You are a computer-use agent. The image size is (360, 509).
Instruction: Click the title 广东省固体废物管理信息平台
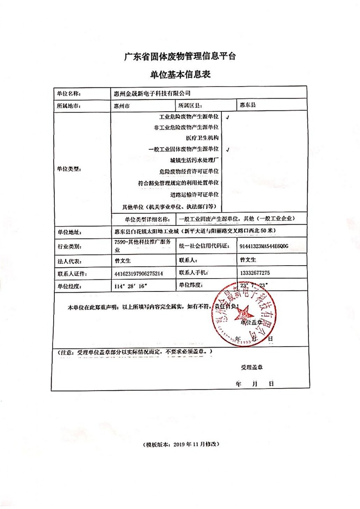pos(180,56)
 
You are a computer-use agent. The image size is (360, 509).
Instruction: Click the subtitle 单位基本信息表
pos(180,75)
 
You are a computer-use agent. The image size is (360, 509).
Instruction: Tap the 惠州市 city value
pos(122,106)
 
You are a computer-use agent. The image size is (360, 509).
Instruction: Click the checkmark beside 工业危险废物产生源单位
pos(227,118)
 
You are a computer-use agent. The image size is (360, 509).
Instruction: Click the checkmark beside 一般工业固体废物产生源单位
pos(227,149)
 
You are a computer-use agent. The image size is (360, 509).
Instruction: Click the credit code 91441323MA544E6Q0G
pos(264,246)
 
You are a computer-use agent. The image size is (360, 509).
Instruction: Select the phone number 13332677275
pos(255,273)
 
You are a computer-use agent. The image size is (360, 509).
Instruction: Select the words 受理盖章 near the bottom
pos(252,368)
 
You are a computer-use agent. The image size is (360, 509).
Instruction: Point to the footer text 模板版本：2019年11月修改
pos(180,444)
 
